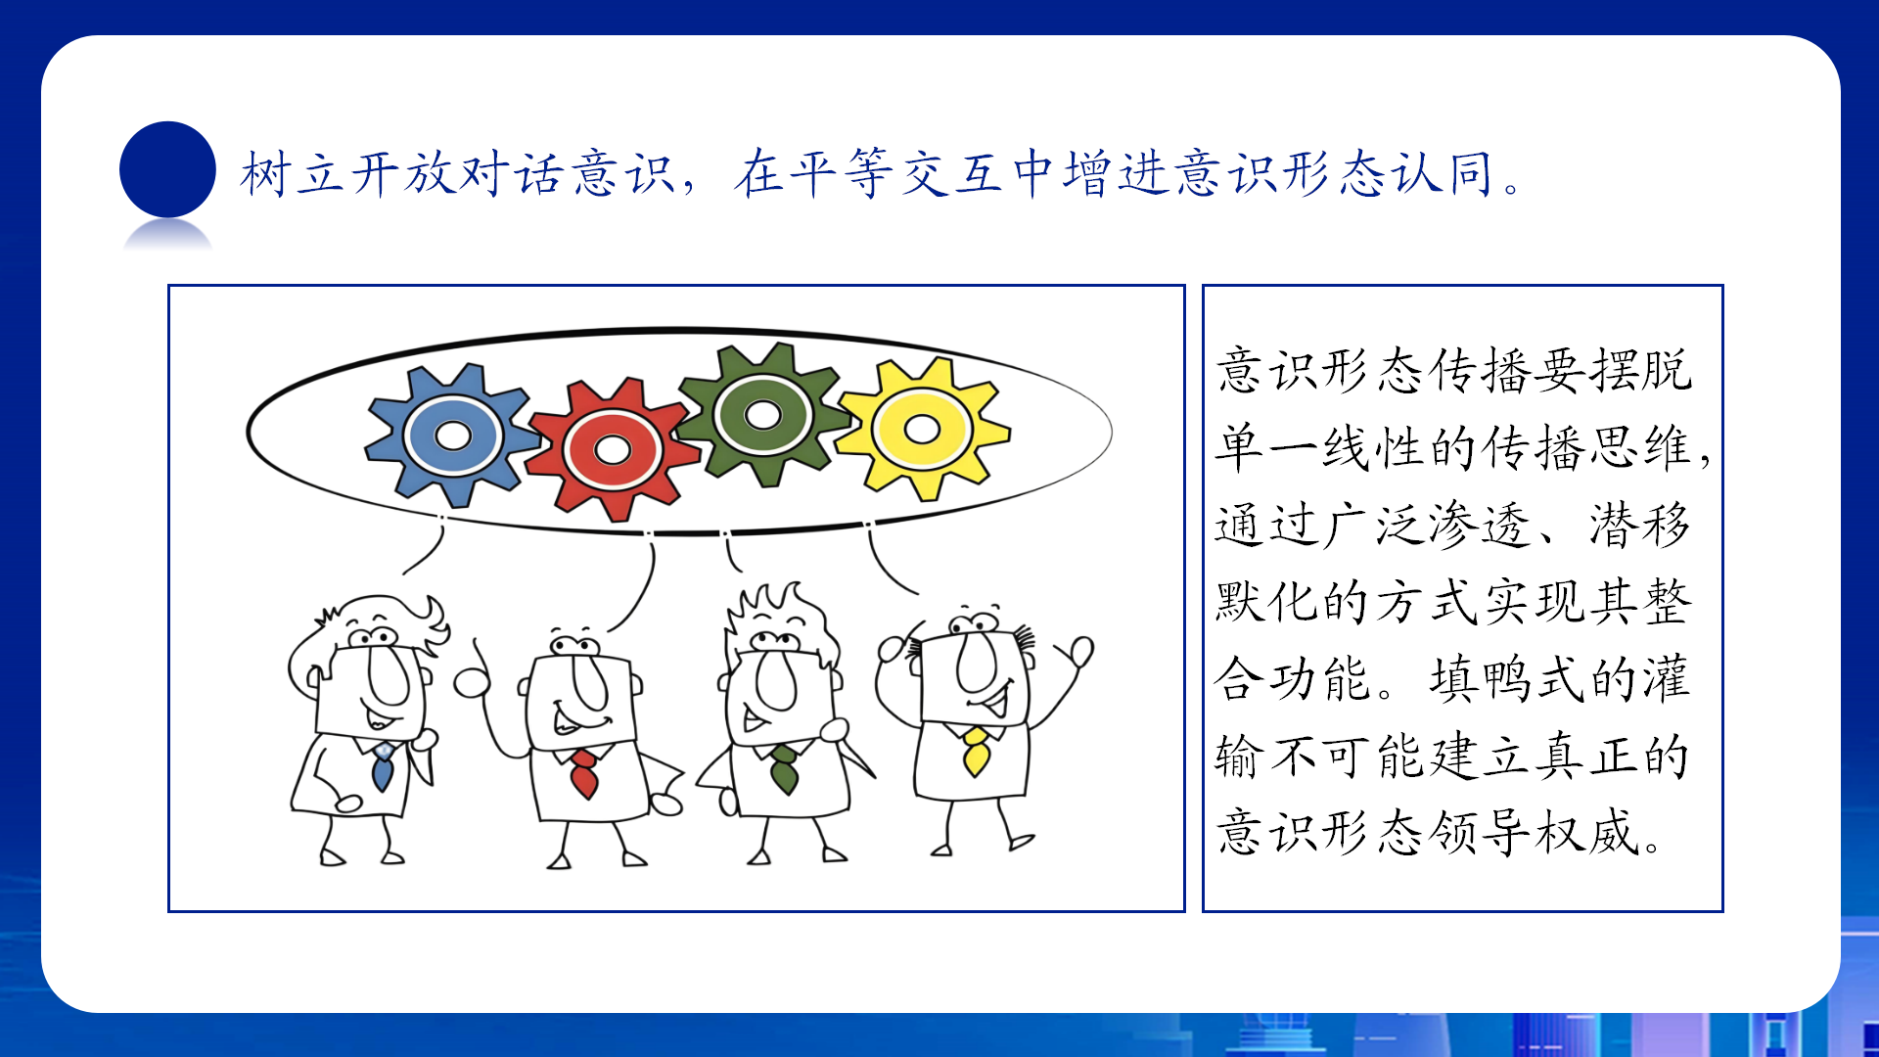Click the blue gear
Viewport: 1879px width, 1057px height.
[452, 436]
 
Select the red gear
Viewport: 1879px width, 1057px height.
[613, 450]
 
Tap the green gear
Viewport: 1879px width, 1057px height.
[763, 415]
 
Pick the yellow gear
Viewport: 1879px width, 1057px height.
[922, 429]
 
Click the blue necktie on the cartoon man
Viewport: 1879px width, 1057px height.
[383, 766]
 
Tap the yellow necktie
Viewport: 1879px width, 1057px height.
[975, 752]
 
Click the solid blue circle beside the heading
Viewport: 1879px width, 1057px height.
[167, 169]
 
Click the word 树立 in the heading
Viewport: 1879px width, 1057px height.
[293, 174]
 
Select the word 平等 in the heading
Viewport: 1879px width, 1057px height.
[841, 174]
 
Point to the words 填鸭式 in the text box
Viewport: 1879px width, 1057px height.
[1507, 679]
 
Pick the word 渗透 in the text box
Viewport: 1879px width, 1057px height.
[1480, 525]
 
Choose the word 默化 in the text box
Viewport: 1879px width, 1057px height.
[1267, 602]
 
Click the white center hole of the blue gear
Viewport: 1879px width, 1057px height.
[452, 436]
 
